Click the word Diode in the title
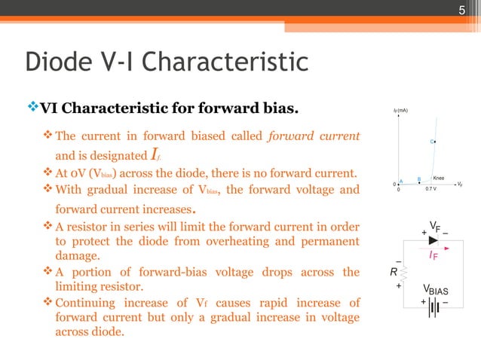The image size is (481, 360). (60, 62)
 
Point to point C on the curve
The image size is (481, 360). (436, 141)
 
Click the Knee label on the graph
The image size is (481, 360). (438, 178)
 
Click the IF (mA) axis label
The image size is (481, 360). (400, 111)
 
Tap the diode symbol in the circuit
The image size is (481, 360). (432, 239)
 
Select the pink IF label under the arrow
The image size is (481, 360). (434, 257)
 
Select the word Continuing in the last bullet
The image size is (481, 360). (90, 303)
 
